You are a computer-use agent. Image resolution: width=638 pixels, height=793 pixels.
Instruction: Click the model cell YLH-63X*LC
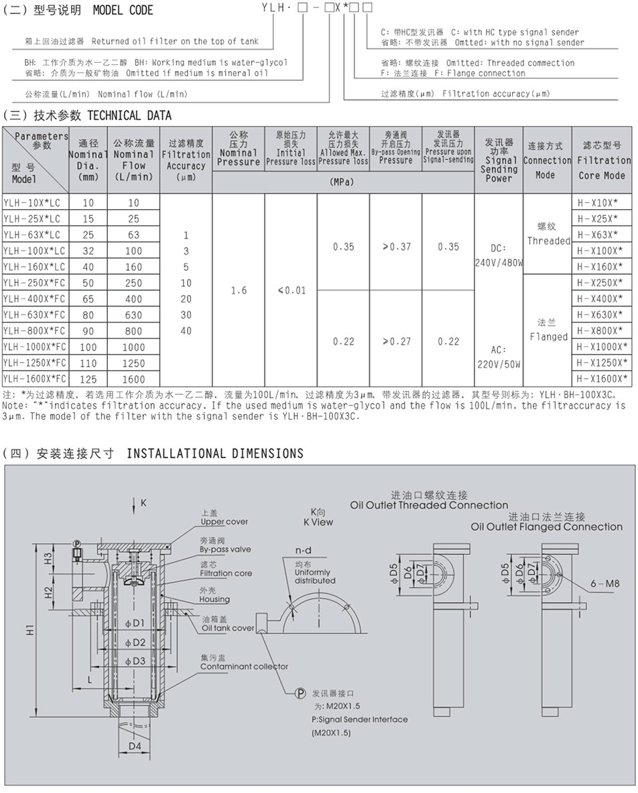(x=32, y=235)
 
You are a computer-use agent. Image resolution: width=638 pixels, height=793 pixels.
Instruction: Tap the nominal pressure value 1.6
(x=238, y=290)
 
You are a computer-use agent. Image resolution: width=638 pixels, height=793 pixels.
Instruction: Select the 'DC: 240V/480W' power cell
(x=498, y=255)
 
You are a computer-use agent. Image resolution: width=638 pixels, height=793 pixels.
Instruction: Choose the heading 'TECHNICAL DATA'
(x=129, y=115)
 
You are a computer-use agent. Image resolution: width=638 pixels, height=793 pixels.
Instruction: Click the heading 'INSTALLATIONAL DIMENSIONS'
(x=214, y=454)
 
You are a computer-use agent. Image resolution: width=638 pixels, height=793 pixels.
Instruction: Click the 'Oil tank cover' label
(x=228, y=628)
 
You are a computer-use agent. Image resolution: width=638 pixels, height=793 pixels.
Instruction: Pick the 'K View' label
(x=317, y=522)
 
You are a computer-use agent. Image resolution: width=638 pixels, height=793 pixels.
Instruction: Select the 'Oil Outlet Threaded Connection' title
(x=429, y=505)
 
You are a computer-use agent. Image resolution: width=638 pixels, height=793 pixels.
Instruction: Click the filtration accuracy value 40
(x=186, y=330)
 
